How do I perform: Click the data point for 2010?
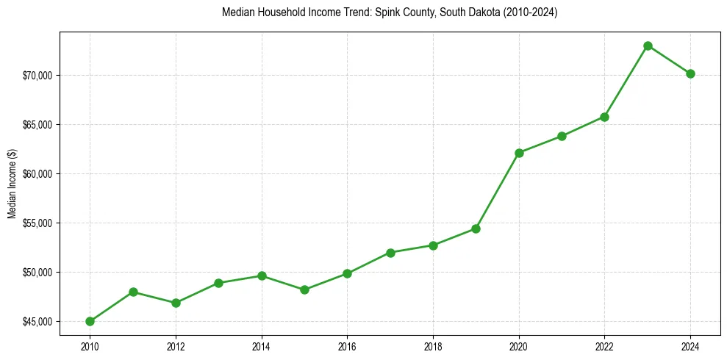(90, 321)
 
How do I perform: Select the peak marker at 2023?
(648, 46)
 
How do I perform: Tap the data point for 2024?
(690, 73)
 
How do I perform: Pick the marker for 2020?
(519, 153)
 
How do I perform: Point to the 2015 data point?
(304, 289)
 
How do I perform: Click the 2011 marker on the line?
(133, 292)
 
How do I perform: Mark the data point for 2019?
(476, 228)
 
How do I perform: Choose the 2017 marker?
(390, 253)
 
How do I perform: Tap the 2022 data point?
(604, 117)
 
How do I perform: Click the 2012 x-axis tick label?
(176, 347)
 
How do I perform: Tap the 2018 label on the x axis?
(433, 347)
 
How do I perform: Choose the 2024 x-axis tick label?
(690, 347)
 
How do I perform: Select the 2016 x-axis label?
(347, 347)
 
